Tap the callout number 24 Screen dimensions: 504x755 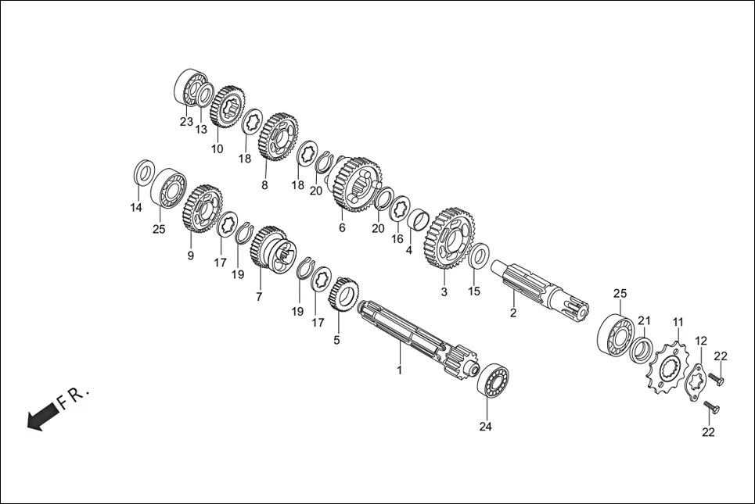point(487,427)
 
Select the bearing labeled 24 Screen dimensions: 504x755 point(493,379)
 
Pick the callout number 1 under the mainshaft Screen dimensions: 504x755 point(399,370)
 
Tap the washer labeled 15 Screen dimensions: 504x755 point(479,256)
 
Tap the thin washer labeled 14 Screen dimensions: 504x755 point(143,172)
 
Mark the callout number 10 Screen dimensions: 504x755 point(217,148)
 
